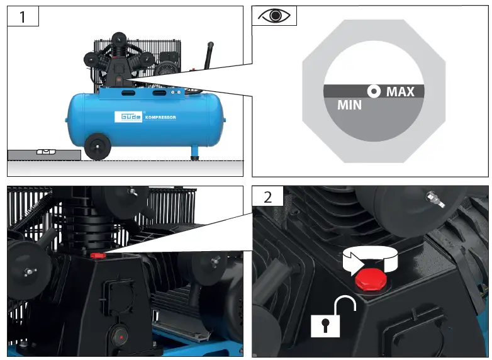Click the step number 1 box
click(23, 16)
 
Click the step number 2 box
click(268, 196)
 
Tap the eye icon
click(274, 16)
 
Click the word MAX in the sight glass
click(400, 92)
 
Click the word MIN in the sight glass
click(349, 105)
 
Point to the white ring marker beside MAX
click(374, 92)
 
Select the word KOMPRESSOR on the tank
click(160, 118)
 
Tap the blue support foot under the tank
click(195, 152)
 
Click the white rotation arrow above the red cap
click(371, 259)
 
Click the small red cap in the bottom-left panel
click(98, 256)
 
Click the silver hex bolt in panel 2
click(434, 200)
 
